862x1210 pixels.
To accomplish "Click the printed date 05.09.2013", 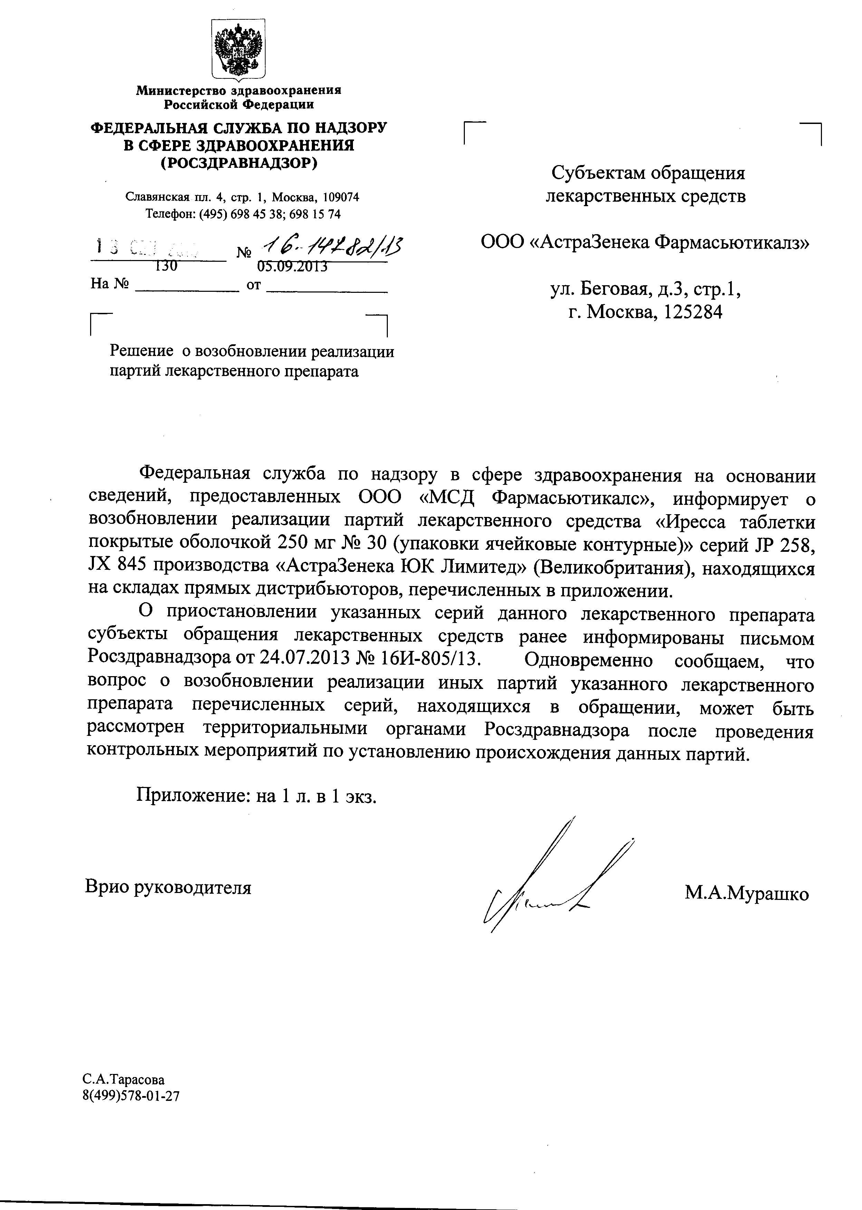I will coord(292,266).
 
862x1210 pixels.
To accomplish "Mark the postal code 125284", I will coord(693,312).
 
